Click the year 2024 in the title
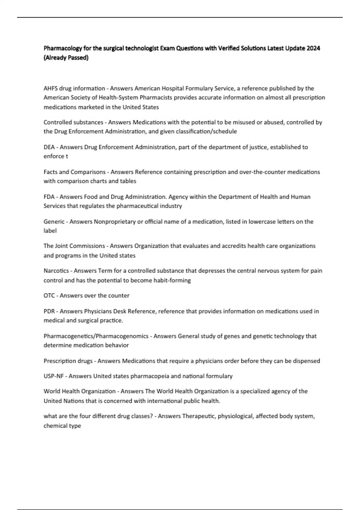pos(313,48)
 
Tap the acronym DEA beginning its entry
pos(49,147)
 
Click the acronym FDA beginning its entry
pos(49,197)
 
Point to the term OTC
pos(49,295)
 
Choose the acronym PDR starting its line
pos(49,311)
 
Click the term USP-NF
pos(54,376)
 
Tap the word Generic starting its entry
pos(54,222)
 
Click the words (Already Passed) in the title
pos(66,58)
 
